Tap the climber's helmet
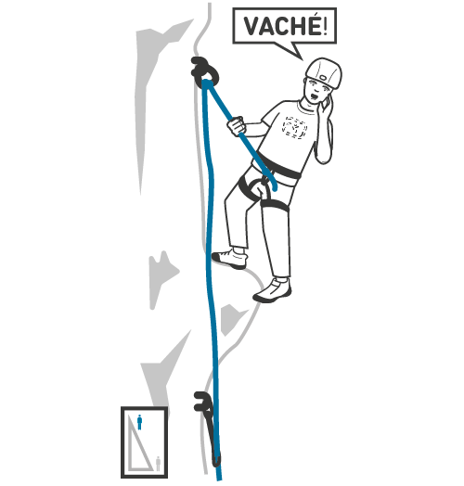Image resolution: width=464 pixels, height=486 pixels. pyautogui.click(x=324, y=73)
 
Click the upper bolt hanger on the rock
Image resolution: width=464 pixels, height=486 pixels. pyautogui.click(x=204, y=71)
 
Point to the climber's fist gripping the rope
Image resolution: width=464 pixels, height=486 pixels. pyautogui.click(x=237, y=125)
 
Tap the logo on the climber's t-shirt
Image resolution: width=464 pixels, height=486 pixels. pyautogui.click(x=294, y=127)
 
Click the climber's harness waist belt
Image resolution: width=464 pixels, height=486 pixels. pyautogui.click(x=279, y=167)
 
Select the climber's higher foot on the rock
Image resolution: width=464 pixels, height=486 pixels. pyautogui.click(x=230, y=258)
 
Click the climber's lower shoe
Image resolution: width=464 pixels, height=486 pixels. pyautogui.click(x=272, y=290)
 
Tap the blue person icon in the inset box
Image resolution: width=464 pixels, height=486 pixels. pyautogui.click(x=139, y=422)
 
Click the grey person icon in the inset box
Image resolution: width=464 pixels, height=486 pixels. pyautogui.click(x=158, y=464)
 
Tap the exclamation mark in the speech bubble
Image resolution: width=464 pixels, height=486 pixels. pyautogui.click(x=325, y=26)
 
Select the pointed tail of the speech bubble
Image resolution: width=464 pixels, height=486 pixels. pyautogui.click(x=303, y=59)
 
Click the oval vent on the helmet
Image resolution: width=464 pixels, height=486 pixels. pyautogui.click(x=323, y=78)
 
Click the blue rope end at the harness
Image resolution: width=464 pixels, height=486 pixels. pyautogui.click(x=274, y=187)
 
